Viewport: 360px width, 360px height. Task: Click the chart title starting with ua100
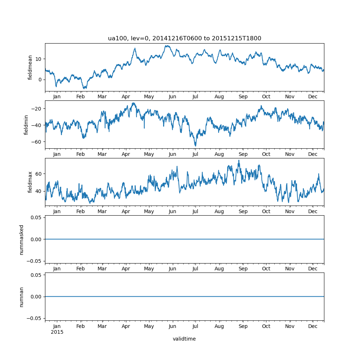[184, 38]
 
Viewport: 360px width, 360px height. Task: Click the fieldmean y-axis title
[30, 67]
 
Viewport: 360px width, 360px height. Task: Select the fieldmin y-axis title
[26, 125]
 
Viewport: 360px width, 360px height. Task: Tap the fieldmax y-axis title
[30, 182]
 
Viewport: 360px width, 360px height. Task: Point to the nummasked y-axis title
[22, 239]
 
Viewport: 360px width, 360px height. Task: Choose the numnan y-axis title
[22, 297]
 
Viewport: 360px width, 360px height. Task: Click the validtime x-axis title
[184, 339]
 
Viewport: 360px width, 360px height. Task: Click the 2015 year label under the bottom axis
[57, 332]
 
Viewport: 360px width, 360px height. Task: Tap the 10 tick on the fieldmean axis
[38, 59]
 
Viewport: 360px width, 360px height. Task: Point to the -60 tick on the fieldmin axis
[36, 141]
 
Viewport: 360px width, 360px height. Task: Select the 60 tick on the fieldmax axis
[38, 174]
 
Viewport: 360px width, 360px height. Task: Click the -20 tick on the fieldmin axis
[36, 108]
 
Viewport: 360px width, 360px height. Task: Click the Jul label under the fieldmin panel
[195, 154]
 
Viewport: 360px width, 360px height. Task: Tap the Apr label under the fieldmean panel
[126, 97]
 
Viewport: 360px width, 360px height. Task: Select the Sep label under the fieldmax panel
[243, 211]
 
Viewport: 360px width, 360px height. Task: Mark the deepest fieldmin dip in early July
[195, 146]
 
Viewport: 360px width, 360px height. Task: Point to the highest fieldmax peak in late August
[238, 160]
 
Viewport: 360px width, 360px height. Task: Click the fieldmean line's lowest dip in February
[84, 88]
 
